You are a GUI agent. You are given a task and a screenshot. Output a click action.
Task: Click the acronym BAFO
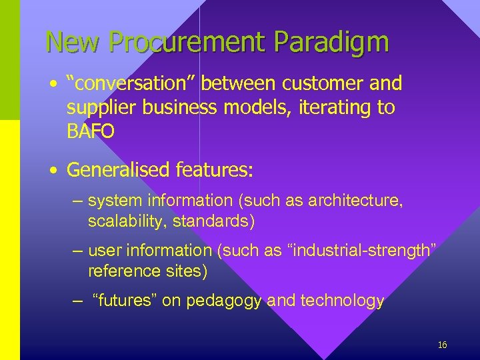point(91,131)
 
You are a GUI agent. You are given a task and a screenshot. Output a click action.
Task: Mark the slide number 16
point(442,345)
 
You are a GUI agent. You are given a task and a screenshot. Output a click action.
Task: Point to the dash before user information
point(77,251)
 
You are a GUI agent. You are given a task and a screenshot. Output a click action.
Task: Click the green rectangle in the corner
point(10,60)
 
